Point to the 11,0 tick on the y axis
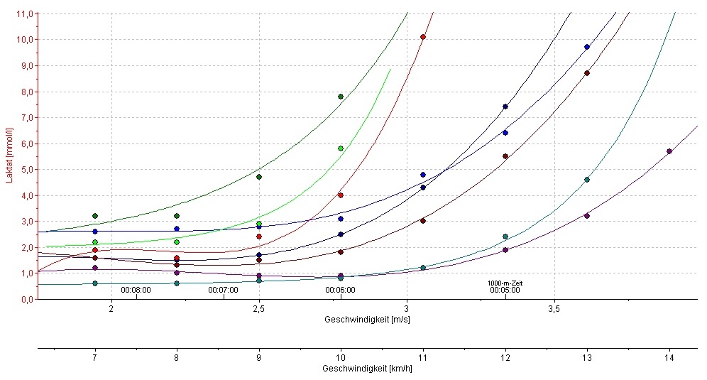25,14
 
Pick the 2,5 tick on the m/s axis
258,309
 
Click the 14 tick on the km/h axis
669,358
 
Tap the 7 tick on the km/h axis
94,358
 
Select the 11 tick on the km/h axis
423,358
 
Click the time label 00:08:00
136,291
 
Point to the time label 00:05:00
505,291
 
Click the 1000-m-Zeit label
505,283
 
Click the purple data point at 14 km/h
669,151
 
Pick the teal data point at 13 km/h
587,180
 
